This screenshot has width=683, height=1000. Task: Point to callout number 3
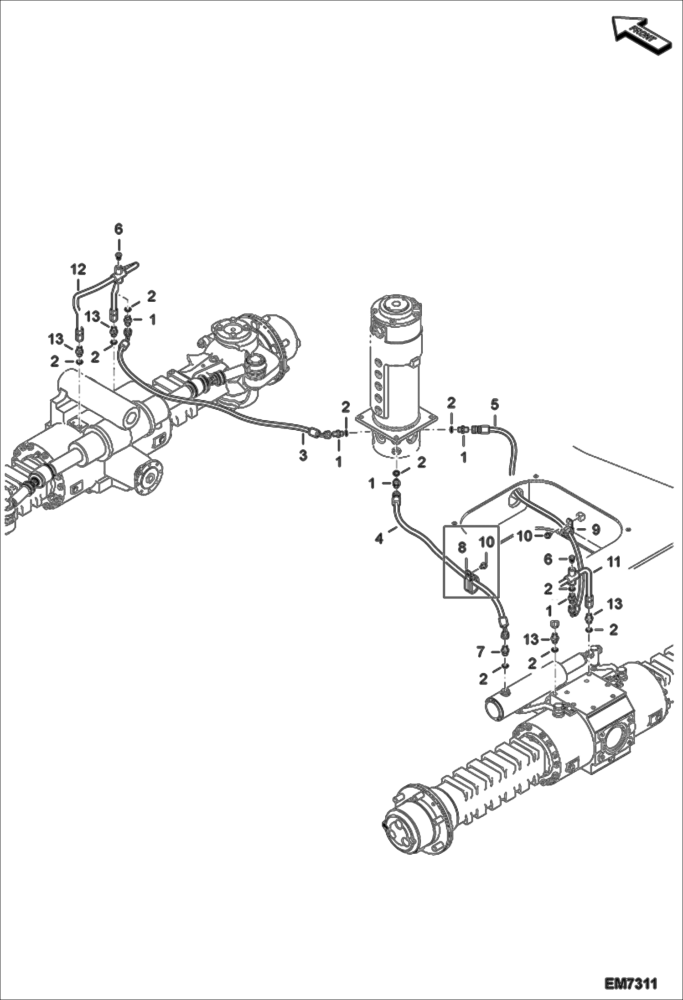pyautogui.click(x=303, y=455)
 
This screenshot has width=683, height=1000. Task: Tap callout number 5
pyautogui.click(x=495, y=404)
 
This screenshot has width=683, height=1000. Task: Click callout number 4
pyautogui.click(x=379, y=538)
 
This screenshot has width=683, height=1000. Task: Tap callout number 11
pyautogui.click(x=614, y=562)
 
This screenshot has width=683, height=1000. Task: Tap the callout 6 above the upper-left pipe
pyautogui.click(x=118, y=229)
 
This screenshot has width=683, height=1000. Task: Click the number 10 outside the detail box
pyautogui.click(x=525, y=536)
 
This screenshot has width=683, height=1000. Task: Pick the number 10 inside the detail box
pyautogui.click(x=486, y=542)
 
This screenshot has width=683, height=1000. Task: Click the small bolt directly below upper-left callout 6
pyautogui.click(x=118, y=256)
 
